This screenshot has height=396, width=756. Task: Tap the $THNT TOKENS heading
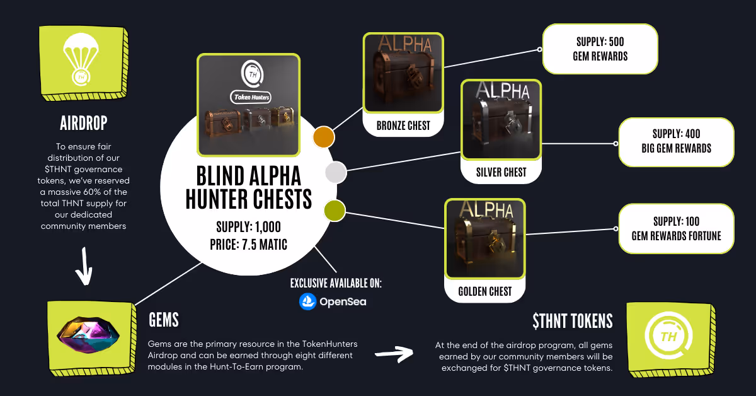(x=572, y=321)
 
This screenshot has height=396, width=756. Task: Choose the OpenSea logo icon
(x=307, y=301)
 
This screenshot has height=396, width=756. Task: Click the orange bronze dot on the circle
(x=324, y=136)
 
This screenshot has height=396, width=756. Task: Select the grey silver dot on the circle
(x=335, y=172)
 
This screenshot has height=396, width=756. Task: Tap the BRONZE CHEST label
(x=403, y=125)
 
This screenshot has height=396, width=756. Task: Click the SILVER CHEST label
(x=501, y=172)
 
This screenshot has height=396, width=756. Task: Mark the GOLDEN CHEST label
(x=485, y=291)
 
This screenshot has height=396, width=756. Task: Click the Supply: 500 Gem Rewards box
(x=600, y=49)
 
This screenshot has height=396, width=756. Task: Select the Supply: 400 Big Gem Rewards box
(x=676, y=142)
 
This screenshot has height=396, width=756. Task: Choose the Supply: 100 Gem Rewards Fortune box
(x=676, y=228)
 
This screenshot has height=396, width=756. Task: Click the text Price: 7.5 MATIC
(x=248, y=242)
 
